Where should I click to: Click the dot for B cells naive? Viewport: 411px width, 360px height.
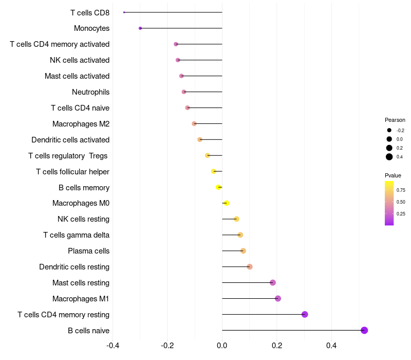pos(364,330)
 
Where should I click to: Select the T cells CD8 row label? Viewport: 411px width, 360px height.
pos(90,12)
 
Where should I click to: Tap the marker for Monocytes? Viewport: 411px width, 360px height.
pos(140,28)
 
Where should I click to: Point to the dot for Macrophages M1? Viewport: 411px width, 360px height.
pos(278,298)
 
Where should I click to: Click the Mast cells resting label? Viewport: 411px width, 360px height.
pos(81,283)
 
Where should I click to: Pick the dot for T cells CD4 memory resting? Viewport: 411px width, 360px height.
pos(305,314)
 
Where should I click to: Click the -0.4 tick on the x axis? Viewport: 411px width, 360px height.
pos(113,345)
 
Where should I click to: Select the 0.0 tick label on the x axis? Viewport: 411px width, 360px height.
pos(222,345)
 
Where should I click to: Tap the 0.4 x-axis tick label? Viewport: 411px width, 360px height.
pos(331,345)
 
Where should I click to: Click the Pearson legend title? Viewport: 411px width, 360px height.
pos(395,120)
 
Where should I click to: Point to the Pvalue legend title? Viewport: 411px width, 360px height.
pos(393,175)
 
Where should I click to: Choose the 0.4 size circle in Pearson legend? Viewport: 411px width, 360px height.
pos(389,157)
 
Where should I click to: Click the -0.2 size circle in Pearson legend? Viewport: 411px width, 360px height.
pos(389,130)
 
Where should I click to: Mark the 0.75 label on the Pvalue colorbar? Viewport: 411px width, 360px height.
pos(401,190)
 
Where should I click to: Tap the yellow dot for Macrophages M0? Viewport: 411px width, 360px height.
pos(226,203)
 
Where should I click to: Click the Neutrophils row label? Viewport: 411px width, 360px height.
pos(90,92)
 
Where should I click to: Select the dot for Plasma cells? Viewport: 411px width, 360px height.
pos(243,251)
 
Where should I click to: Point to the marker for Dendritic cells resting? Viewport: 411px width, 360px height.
pos(250,266)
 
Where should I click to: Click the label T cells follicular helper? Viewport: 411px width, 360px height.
pos(72,171)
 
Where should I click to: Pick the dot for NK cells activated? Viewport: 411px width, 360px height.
pos(178,60)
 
